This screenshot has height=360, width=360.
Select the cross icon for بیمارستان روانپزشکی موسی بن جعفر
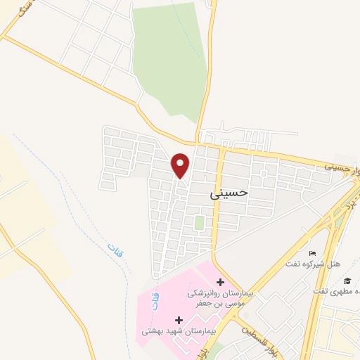pos(219,281)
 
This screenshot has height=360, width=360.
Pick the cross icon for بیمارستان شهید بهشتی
pos(179,320)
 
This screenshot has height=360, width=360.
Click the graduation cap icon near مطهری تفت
pos(347,281)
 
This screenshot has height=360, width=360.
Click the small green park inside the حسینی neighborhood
pos(199,223)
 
